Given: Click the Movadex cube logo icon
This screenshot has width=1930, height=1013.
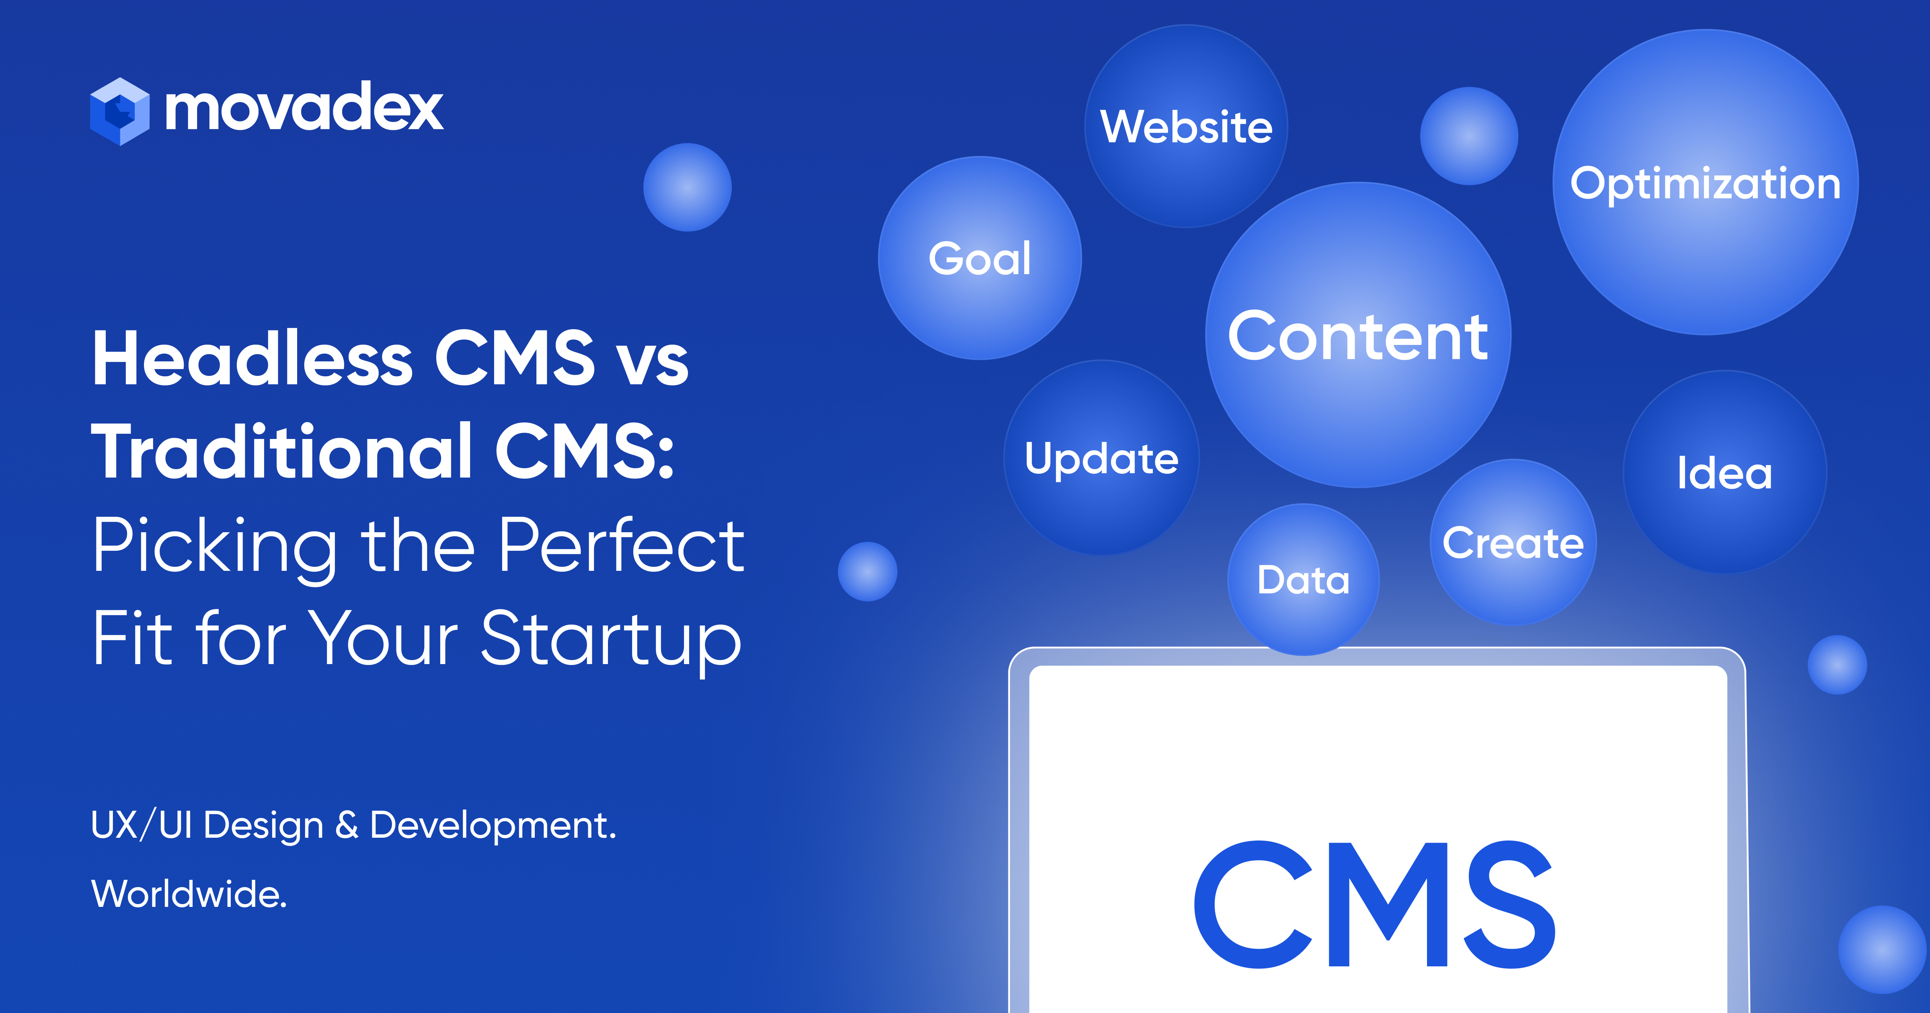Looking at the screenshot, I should coord(119,111).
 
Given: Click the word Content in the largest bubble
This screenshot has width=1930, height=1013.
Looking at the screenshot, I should coord(1357,337).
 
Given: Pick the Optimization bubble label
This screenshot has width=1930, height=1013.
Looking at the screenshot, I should coord(1705,184).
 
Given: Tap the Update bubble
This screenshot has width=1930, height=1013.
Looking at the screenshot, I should coord(1101,459).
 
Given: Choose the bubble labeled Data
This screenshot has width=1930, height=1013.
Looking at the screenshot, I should coord(1304,580).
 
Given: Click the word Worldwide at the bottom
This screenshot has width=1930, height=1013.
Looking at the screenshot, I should coord(189,894).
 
